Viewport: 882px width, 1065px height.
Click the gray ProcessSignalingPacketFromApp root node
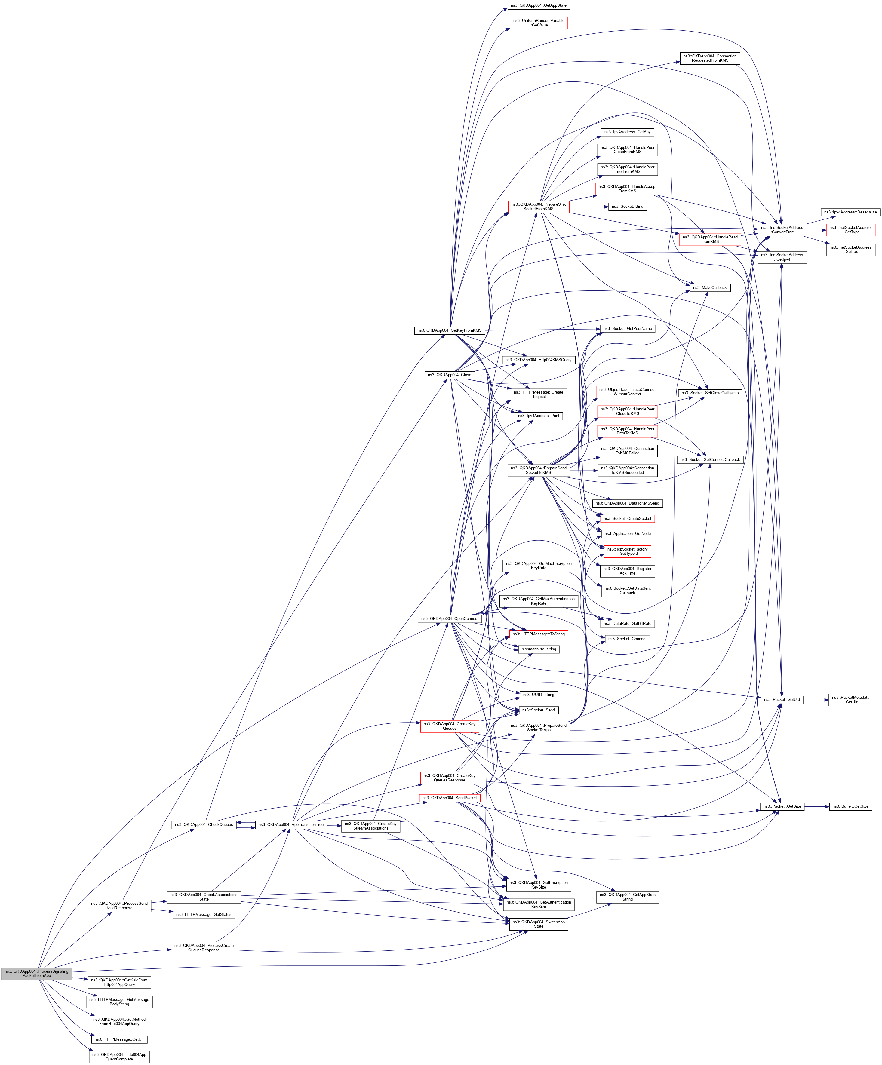point(36,973)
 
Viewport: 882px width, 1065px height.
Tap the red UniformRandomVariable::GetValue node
point(538,23)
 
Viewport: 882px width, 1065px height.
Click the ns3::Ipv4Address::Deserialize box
point(850,212)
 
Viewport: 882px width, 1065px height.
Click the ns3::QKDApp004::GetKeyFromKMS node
point(449,330)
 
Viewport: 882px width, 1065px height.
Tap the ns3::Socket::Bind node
point(627,206)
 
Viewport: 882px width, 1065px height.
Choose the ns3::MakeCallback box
point(710,287)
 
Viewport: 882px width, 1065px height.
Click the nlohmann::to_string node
point(538,649)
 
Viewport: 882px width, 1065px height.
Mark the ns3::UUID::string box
point(538,695)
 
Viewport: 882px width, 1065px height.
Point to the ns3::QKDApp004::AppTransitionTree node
point(290,825)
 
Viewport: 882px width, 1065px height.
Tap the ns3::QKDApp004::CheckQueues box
point(204,825)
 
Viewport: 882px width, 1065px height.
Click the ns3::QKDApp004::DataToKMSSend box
point(627,503)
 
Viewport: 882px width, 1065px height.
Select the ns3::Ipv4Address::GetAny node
point(627,132)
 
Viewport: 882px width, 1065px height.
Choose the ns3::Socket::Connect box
point(627,639)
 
